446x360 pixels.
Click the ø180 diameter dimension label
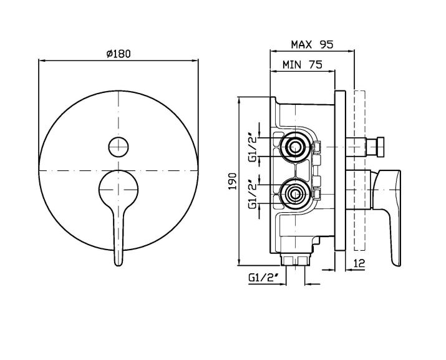[x=119, y=54]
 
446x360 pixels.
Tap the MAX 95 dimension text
[x=312, y=44]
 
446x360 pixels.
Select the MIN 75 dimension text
[x=303, y=65]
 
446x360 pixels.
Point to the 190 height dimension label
[x=233, y=181]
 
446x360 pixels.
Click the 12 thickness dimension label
[x=359, y=263]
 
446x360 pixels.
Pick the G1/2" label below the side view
[x=263, y=278]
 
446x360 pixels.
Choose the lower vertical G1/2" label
[x=253, y=195]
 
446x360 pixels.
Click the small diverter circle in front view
[x=119, y=147]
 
